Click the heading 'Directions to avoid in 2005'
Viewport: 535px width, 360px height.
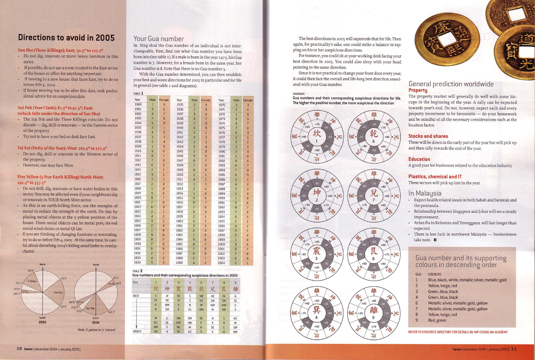pyautogui.click(x=66, y=38)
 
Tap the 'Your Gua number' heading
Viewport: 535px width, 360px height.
pyautogui.click(x=159, y=39)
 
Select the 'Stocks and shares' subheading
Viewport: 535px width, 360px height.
pyautogui.click(x=428, y=136)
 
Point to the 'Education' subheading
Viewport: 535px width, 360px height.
pyautogui.click(x=419, y=159)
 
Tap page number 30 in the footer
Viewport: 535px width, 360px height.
pyautogui.click(x=19, y=349)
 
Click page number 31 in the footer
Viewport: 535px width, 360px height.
pyautogui.click(x=513, y=349)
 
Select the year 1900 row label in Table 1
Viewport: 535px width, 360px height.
pyautogui.click(x=138, y=105)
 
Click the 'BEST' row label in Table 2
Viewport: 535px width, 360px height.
pyautogui.click(x=136, y=296)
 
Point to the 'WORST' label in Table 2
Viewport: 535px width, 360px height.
pyautogui.click(x=137, y=331)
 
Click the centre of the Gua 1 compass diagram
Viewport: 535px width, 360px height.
pyautogui.click(x=317, y=136)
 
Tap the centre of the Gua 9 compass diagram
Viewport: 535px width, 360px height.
pyautogui.click(x=373, y=312)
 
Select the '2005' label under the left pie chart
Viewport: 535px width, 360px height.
pyautogui.click(x=42, y=322)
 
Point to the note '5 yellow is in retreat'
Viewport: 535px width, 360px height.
pyautogui.click(x=97, y=330)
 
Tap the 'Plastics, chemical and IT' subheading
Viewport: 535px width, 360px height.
pyautogui.click(x=435, y=177)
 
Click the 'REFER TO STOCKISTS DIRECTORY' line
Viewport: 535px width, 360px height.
pyautogui.click(x=458, y=332)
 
